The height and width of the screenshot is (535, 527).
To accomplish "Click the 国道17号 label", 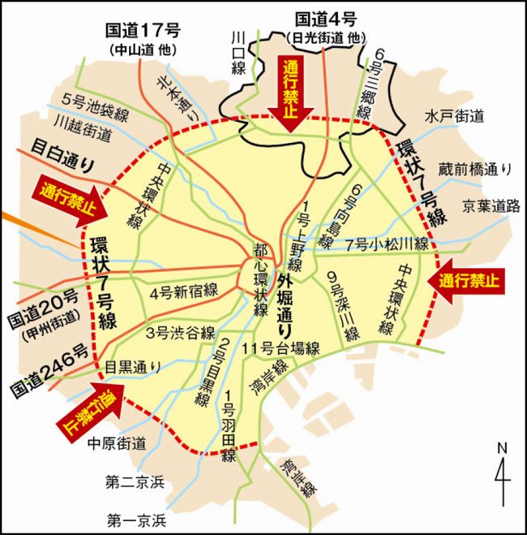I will [143, 32].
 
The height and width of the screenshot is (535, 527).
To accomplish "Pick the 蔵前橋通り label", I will [475, 169].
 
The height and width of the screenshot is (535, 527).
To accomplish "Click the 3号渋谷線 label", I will [179, 332].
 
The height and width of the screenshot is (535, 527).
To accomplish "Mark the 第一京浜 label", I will [135, 518].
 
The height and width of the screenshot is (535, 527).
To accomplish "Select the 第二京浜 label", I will [135, 482].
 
